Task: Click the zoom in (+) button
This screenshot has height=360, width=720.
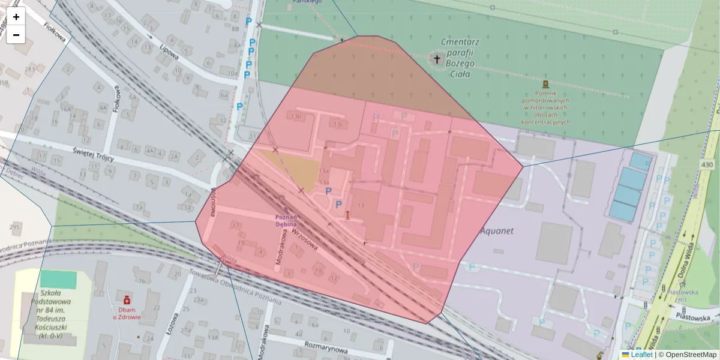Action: tap(16, 17)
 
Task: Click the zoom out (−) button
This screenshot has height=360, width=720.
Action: tap(16, 35)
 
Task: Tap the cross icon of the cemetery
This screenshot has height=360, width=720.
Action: tap(437, 59)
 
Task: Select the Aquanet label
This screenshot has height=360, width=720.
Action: tap(497, 230)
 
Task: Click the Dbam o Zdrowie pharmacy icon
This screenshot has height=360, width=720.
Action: tap(127, 299)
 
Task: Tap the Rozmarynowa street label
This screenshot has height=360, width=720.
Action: tap(326, 346)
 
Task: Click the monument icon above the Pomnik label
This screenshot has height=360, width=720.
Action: tap(545, 84)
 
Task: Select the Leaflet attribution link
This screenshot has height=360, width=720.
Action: tap(641, 355)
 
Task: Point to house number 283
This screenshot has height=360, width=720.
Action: tap(29, 70)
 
